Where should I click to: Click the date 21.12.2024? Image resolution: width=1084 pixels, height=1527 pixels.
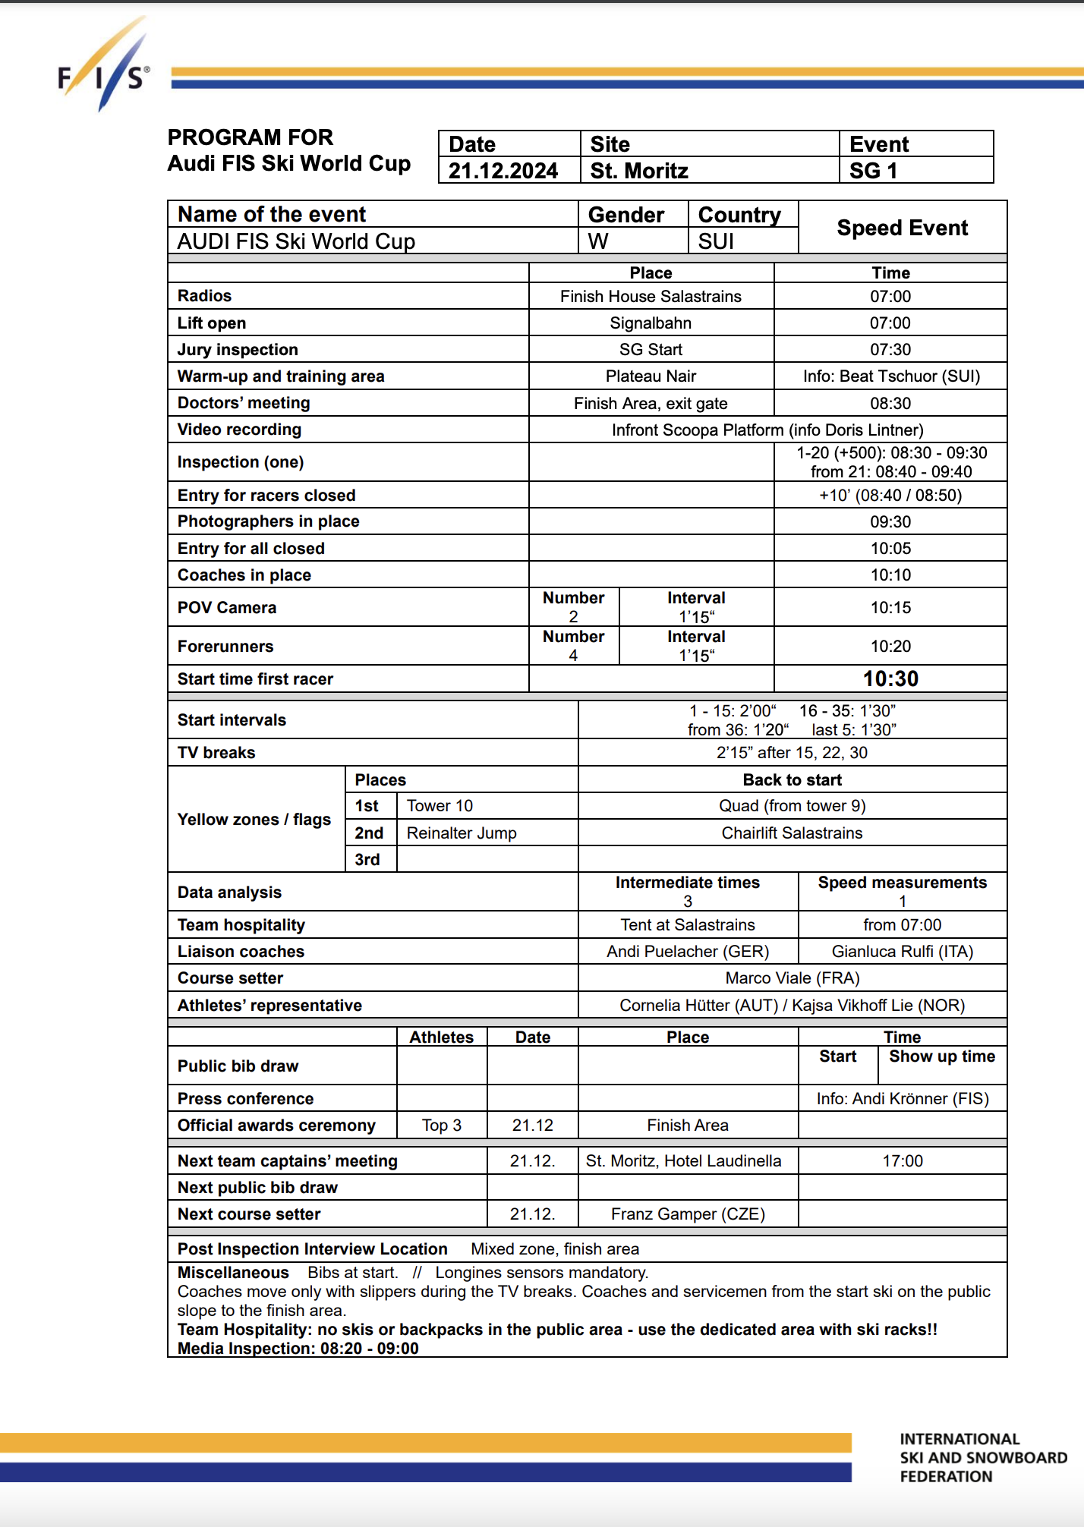click(x=503, y=171)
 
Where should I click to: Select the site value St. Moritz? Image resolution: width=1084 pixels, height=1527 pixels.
click(x=639, y=171)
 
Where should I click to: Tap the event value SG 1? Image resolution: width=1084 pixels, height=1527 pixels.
click(x=873, y=171)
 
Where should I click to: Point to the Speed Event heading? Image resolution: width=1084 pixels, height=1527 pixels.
click(x=902, y=228)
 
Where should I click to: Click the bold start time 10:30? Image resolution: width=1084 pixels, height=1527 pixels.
click(x=890, y=678)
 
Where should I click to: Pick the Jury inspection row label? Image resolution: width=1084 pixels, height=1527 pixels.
click(x=238, y=350)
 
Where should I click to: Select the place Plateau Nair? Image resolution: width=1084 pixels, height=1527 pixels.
click(x=651, y=376)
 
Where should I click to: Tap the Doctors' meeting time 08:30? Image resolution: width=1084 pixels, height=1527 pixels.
click(x=890, y=403)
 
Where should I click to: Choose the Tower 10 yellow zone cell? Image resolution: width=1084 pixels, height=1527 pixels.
click(x=440, y=806)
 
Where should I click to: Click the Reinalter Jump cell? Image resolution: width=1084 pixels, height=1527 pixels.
click(x=462, y=833)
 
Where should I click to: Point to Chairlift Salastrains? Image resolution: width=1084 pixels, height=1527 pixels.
click(x=792, y=833)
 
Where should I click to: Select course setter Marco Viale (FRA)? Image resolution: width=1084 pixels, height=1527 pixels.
click(x=792, y=978)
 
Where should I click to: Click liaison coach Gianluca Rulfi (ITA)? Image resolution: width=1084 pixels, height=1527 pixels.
click(x=902, y=952)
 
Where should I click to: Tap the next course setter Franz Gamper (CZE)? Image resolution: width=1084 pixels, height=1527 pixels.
click(x=688, y=1214)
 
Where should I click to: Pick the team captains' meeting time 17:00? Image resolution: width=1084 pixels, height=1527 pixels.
click(x=902, y=1161)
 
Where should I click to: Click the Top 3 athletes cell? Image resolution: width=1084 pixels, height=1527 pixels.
click(x=441, y=1126)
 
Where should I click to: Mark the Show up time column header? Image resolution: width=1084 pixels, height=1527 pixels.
click(x=941, y=1056)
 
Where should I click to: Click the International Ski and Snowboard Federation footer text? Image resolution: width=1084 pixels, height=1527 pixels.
click(x=982, y=1458)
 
